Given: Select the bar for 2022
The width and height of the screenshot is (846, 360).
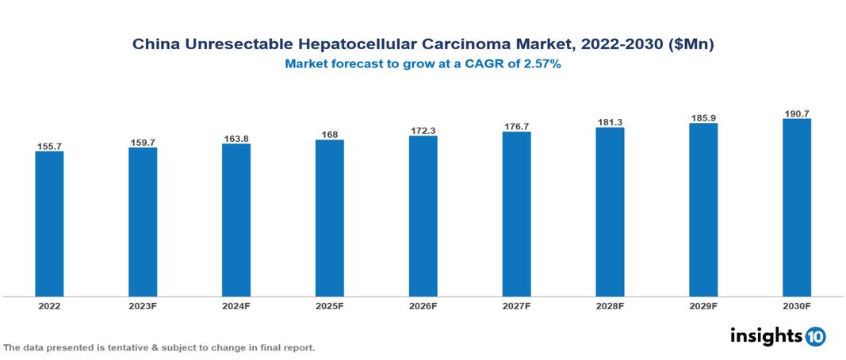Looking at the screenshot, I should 49,224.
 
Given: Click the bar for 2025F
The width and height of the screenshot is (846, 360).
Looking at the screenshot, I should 329,218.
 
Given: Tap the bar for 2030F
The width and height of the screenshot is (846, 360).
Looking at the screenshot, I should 796,208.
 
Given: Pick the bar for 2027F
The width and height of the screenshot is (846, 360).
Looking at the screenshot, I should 516,214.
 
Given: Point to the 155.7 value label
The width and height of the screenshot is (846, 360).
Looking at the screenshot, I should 49,147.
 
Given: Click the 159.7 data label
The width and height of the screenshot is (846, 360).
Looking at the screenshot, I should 143,143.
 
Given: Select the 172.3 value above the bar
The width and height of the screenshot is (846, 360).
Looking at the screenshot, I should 423,130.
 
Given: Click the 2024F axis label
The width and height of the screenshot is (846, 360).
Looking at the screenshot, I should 236,305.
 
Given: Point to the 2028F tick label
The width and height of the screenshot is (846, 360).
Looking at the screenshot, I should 610,305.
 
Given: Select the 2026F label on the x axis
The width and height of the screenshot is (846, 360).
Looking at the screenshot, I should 423,305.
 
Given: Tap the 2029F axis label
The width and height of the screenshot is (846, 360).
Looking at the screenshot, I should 703,305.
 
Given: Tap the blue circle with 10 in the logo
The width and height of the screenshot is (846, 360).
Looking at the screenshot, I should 815,336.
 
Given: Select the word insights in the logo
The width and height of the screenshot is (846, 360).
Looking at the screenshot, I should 765,335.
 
